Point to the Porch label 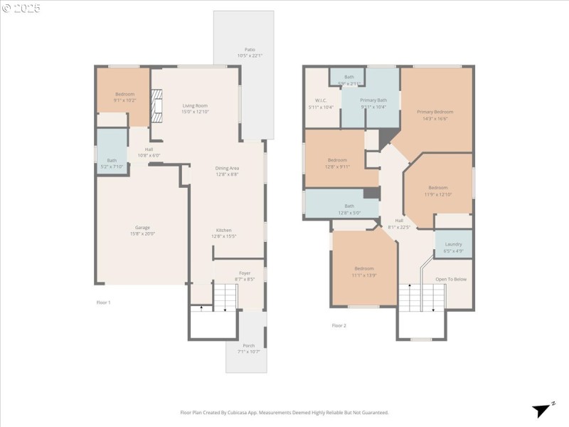click(248, 346)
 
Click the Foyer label click(244, 273)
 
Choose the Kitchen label click(224, 230)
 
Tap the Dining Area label click(227, 168)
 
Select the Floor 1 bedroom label click(124, 94)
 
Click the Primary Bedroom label click(435, 112)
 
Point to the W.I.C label click(320, 100)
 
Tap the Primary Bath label click(373, 100)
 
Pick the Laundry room click(453, 244)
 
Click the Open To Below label click(451, 279)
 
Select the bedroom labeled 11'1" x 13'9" click(363, 269)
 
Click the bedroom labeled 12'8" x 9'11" click(337, 160)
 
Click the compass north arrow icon click(543, 409)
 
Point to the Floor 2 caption click(339, 325)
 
